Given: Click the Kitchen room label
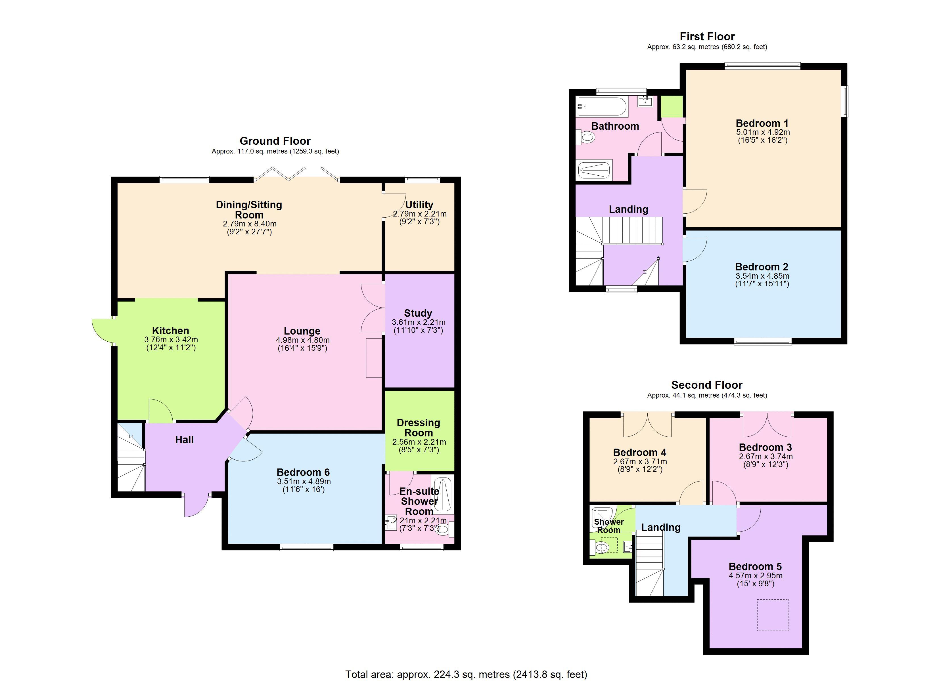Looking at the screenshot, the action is tap(171, 331).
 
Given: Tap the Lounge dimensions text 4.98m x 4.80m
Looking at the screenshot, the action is tap(303, 340).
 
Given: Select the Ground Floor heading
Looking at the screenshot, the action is tap(275, 141).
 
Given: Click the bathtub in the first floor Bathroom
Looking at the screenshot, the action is tap(602, 107).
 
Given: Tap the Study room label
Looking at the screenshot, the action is tap(418, 313).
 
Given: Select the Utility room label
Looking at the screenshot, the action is tap(419, 205).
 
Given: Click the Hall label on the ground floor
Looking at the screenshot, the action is tap(184, 440).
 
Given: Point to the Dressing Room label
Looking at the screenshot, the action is tap(419, 428).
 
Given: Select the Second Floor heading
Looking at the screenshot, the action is tap(707, 385).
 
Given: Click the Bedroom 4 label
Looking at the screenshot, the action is tap(639, 453).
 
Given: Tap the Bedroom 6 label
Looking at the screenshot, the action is tap(303, 472).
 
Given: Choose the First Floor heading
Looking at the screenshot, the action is tap(707, 36).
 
